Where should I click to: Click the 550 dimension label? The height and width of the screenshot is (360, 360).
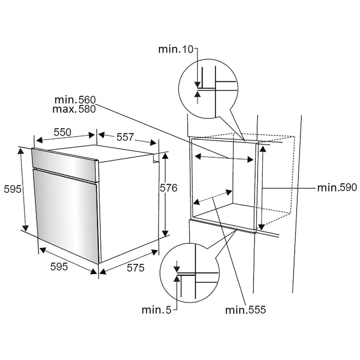[62, 132]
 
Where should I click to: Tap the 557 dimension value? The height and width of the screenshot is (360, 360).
[125, 137]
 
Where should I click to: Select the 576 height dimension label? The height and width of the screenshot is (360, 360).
[169, 189]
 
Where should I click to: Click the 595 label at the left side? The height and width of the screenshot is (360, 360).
[12, 189]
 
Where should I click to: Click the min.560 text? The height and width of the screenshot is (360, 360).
[75, 100]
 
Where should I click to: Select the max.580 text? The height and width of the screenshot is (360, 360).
[75, 109]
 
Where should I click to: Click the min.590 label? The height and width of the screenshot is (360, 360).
[337, 188]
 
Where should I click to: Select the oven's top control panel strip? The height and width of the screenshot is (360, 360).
[64, 164]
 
